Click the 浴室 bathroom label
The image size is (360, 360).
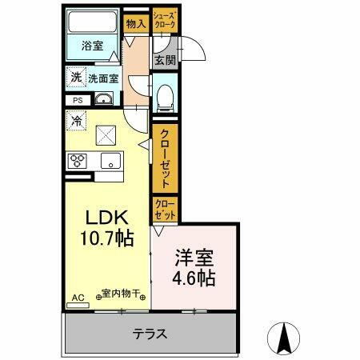tap(93, 46)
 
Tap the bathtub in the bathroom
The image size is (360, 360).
tap(94, 22)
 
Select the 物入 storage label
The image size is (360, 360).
tap(136, 24)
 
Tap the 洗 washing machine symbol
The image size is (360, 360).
tap(75, 78)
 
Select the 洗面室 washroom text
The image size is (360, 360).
tap(103, 78)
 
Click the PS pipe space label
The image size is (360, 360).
tap(77, 100)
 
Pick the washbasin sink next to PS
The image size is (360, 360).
tap(104, 100)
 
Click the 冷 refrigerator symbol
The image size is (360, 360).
tap(76, 122)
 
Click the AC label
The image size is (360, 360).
tap(78, 298)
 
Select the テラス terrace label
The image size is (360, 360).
tap(150, 334)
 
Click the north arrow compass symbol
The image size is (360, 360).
tap(282, 336)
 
